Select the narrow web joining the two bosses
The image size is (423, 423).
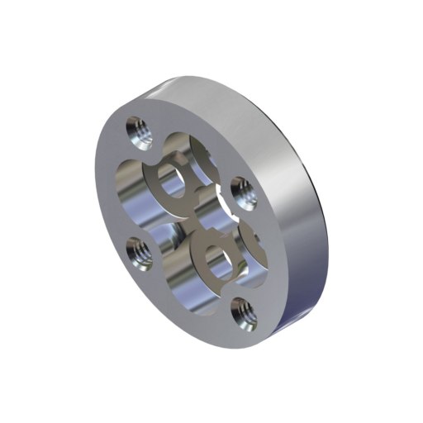198,216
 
